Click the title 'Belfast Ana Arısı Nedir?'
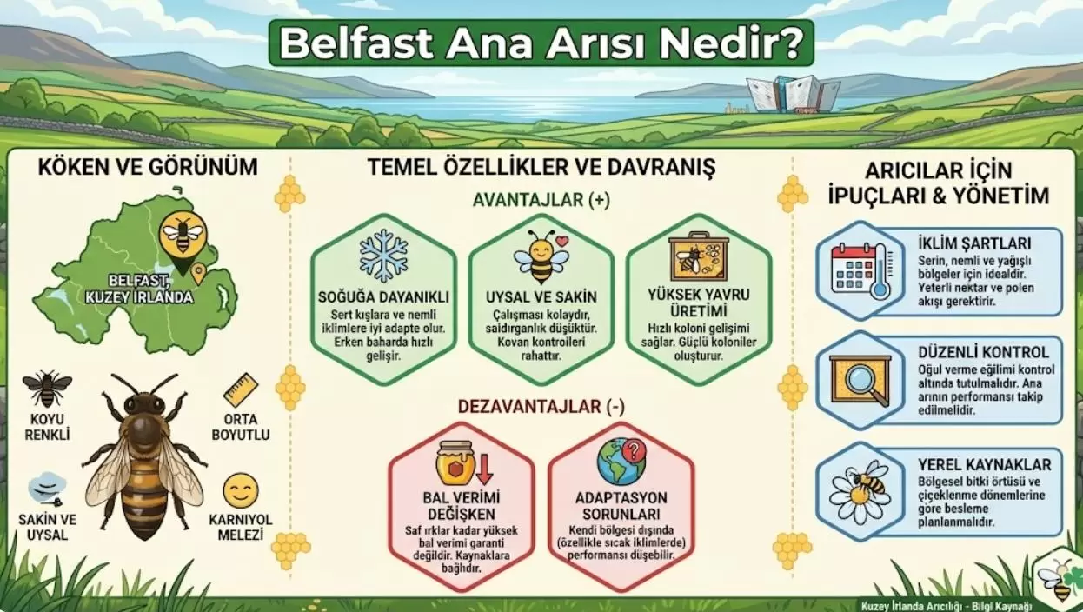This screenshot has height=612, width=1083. [x=541, y=43]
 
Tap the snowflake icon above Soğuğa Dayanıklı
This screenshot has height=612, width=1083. [x=383, y=256]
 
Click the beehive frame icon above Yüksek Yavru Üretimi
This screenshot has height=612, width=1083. [x=699, y=256]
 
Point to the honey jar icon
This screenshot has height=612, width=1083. [x=457, y=464]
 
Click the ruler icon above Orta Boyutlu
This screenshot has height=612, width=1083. [x=240, y=390]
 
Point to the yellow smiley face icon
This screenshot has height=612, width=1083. [x=240, y=490]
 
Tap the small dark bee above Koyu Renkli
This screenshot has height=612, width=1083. [x=47, y=388]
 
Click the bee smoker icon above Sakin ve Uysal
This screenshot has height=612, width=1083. [x=47, y=489]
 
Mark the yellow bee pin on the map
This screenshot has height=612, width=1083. [x=183, y=233]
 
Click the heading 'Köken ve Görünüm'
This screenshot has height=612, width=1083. [x=147, y=167]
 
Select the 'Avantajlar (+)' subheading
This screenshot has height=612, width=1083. [x=541, y=200]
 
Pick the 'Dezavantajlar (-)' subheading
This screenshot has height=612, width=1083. [x=541, y=406]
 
